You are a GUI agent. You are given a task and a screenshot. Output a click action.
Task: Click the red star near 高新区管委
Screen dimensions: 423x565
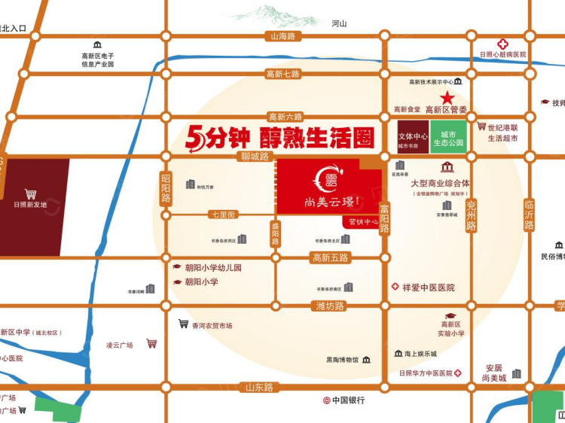[447, 97]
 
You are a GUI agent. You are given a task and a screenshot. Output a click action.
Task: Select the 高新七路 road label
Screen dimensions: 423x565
[282, 74]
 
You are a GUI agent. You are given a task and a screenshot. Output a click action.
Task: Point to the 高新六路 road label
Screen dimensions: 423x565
[285, 117]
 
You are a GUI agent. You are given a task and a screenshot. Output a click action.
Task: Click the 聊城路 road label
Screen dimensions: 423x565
[255, 157]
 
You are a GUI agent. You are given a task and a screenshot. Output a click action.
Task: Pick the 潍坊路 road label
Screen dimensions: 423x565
[328, 306]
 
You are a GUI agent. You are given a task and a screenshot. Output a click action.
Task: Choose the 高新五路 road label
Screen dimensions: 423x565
[331, 258]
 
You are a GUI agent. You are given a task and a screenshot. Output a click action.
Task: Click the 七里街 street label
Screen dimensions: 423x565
[223, 215]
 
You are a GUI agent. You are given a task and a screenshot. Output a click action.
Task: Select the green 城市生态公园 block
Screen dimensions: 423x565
[448, 136]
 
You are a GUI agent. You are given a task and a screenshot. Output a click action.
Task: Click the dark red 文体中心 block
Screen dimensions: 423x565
[413, 136]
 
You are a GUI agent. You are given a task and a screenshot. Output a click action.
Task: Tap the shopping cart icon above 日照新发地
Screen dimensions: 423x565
[30, 193]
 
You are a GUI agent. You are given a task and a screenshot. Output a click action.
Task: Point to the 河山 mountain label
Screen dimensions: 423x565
[340, 23]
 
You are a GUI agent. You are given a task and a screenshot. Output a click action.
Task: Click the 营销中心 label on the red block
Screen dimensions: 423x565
[359, 222]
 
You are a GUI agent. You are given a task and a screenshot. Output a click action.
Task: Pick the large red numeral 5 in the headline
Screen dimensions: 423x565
[195, 137]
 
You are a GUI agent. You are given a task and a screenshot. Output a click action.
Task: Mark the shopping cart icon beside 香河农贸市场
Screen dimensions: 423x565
[182, 324]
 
